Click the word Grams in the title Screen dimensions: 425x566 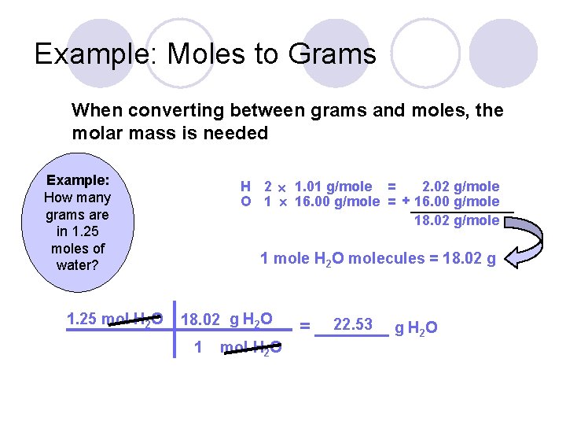coord(333,54)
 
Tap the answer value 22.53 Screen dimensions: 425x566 coord(353,324)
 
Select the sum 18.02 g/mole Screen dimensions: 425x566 coord(457,220)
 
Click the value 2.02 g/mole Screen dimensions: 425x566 coord(460,187)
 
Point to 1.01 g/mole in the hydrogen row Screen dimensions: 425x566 coord(333,187)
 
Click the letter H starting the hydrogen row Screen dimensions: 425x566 coord(245,187)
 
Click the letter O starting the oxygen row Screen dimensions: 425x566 coord(245,201)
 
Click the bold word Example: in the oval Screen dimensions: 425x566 coord(78,180)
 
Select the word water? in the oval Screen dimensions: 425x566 coord(77,265)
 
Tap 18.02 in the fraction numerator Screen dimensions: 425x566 coord(200,319)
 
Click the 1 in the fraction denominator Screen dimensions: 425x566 coord(198,347)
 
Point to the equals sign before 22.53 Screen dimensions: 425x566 coord(306,325)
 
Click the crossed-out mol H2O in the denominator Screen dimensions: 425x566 coord(251,348)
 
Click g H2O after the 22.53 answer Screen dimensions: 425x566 coord(416,327)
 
